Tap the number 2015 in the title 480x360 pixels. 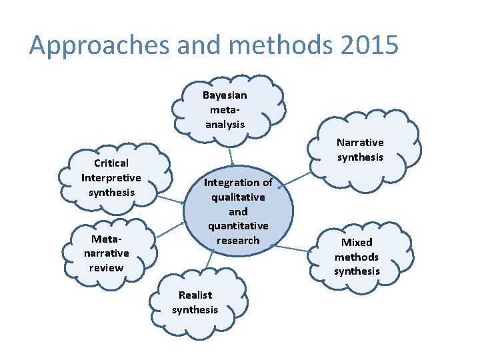369,45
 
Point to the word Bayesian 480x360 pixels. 225,95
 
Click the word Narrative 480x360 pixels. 360,142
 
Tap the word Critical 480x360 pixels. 111,163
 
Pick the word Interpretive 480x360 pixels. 111,178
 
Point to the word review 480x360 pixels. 107,268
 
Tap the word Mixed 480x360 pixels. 357,242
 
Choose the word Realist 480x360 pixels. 195,295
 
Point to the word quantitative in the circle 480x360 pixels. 238,226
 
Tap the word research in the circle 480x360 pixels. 238,241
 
